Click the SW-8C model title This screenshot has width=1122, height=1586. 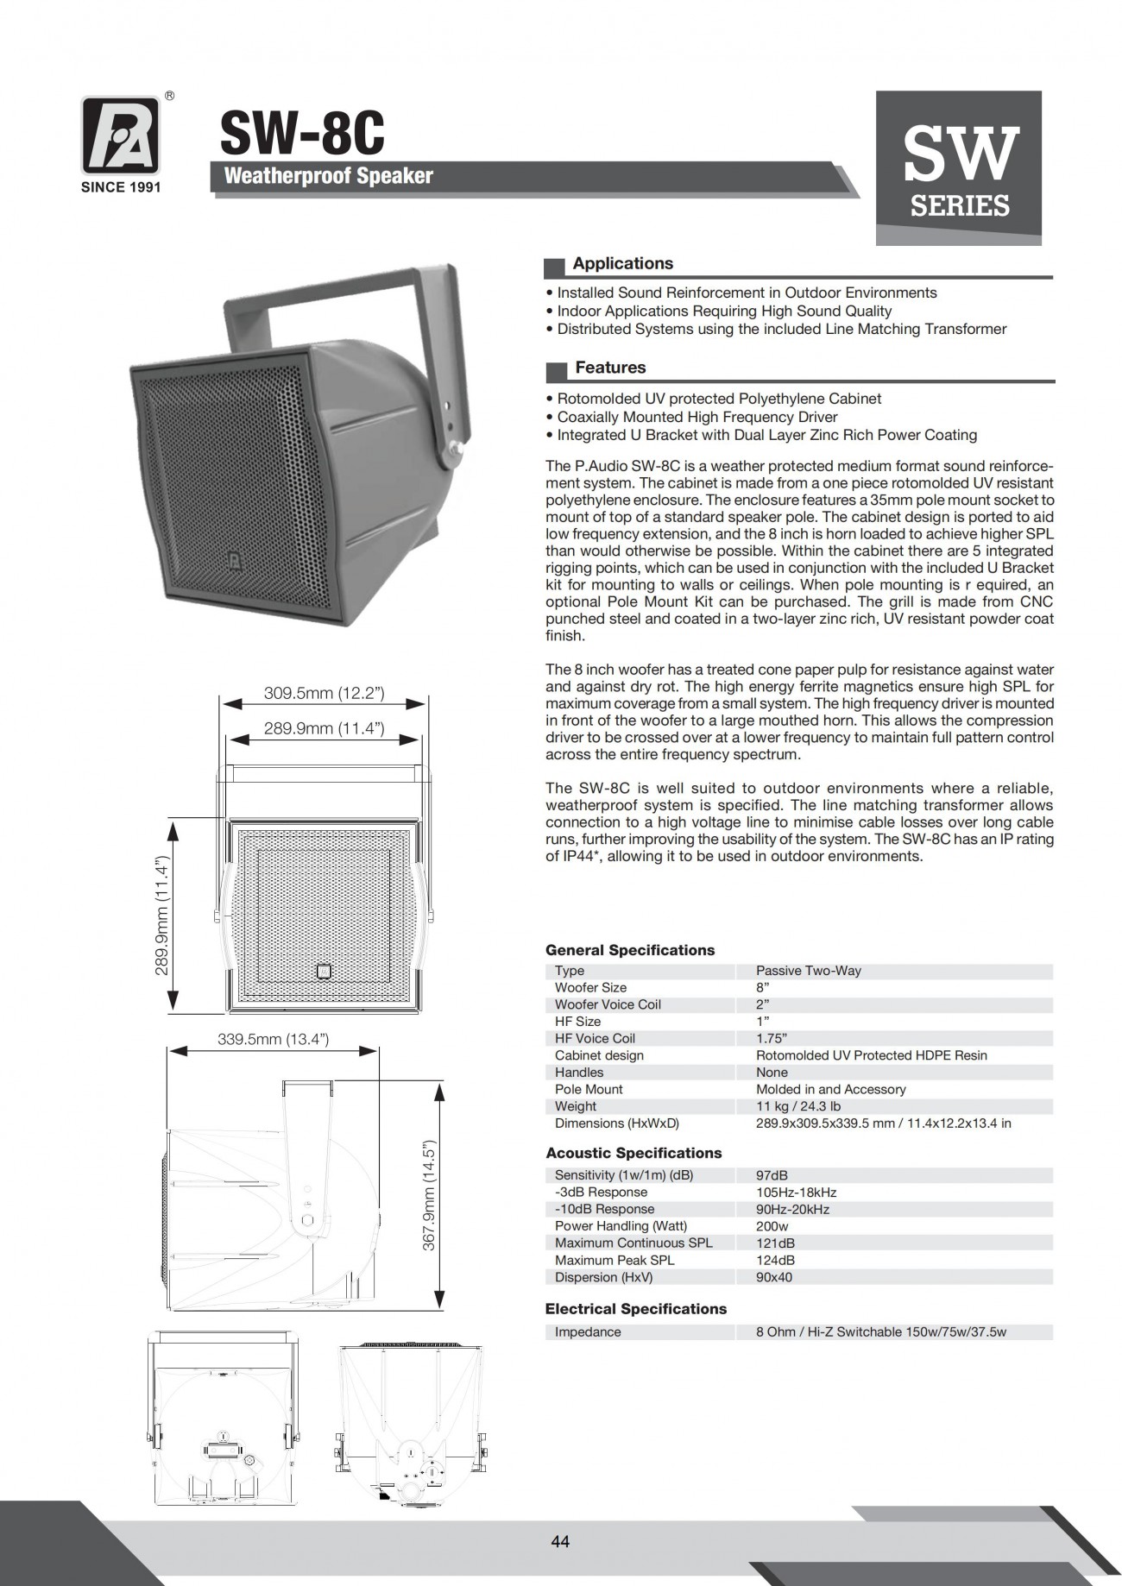pyautogui.click(x=302, y=135)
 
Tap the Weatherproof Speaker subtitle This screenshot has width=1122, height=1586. pyautogui.click(x=328, y=176)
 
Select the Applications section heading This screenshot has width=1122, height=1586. pyautogui.click(x=622, y=264)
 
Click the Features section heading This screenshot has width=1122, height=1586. pyautogui.click(x=610, y=368)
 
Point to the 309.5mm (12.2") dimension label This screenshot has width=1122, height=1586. pyautogui.click(x=324, y=693)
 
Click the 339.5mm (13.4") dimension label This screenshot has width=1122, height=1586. pyautogui.click(x=273, y=1040)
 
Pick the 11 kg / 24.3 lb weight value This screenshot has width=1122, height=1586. pyautogui.click(x=797, y=1106)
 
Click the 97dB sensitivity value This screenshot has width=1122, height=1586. pyautogui.click(x=772, y=1175)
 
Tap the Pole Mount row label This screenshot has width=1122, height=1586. pyautogui.click(x=589, y=1089)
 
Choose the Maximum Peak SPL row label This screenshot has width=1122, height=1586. pyautogui.click(x=615, y=1260)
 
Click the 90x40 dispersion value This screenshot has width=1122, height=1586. pyautogui.click(x=773, y=1277)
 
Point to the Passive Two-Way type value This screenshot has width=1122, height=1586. pyautogui.click(x=808, y=971)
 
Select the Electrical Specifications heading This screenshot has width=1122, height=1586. pyautogui.click(x=635, y=1309)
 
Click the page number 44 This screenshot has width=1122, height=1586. pyautogui.click(x=560, y=1542)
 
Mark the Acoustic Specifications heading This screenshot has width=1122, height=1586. pyautogui.click(x=633, y=1153)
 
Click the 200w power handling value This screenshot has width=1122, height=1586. pyautogui.click(x=772, y=1226)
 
